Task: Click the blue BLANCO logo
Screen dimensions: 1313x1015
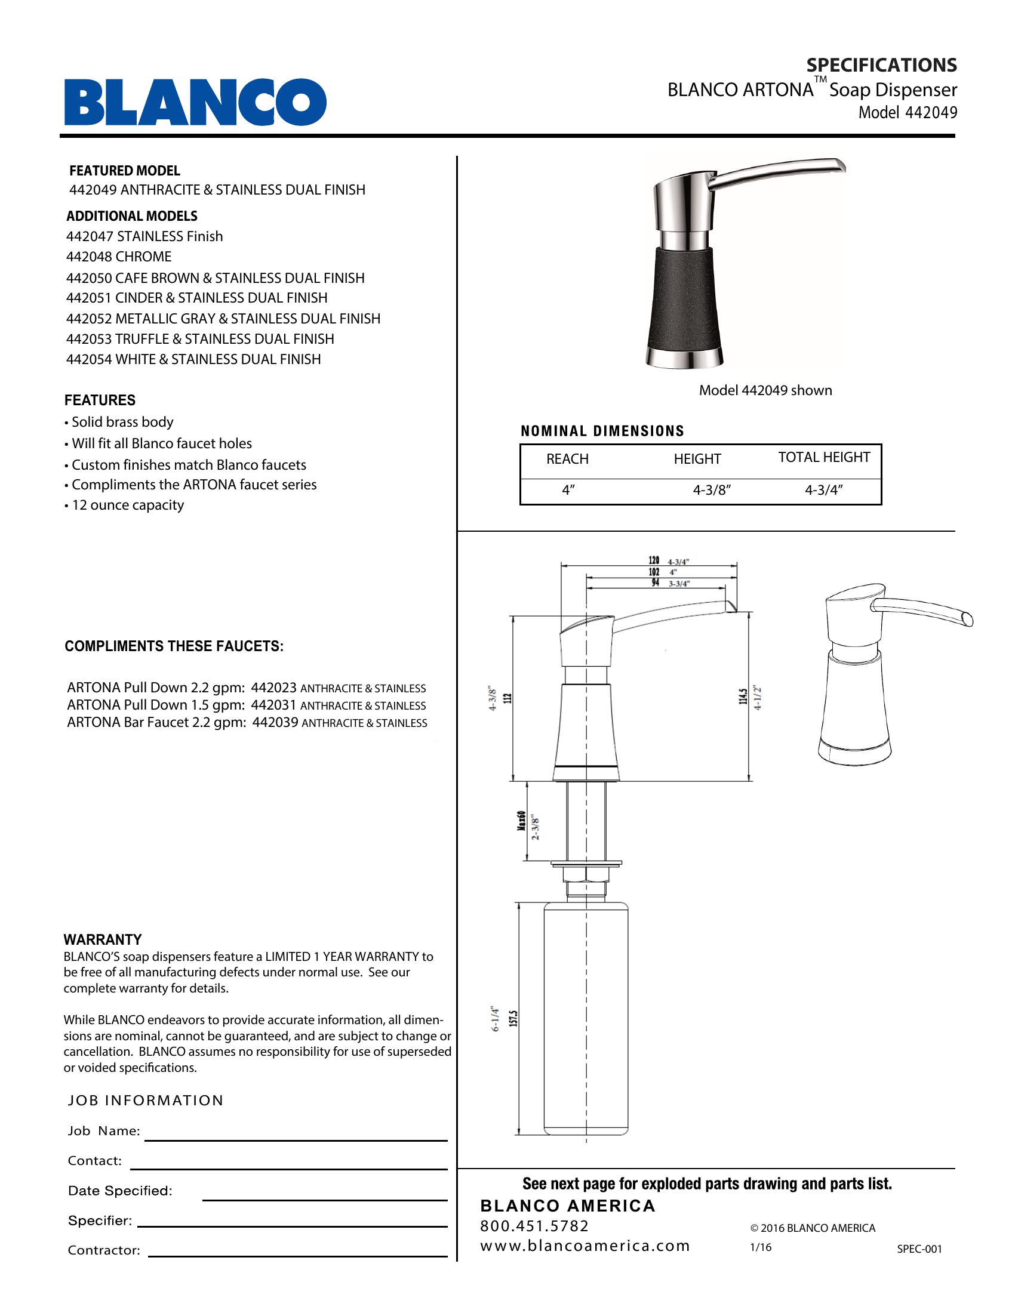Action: click(x=195, y=101)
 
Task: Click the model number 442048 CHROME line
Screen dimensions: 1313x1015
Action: click(x=119, y=257)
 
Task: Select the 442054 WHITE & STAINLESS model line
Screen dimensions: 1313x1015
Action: click(x=193, y=359)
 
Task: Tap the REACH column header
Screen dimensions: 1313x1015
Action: click(x=567, y=459)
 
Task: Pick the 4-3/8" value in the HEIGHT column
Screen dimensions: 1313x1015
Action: click(x=711, y=490)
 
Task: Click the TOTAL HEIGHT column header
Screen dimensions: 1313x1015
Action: click(x=824, y=457)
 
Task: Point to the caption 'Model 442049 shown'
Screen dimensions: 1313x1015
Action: click(x=765, y=390)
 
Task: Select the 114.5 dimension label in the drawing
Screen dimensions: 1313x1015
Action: click(x=744, y=696)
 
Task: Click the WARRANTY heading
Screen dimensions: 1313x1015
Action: click(x=103, y=939)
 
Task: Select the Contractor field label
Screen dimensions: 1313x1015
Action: click(x=103, y=1250)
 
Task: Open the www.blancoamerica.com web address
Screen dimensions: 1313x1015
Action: click(x=585, y=1246)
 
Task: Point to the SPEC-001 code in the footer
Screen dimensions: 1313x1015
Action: click(x=919, y=1249)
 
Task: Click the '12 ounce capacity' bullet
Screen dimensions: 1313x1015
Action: click(x=127, y=505)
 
